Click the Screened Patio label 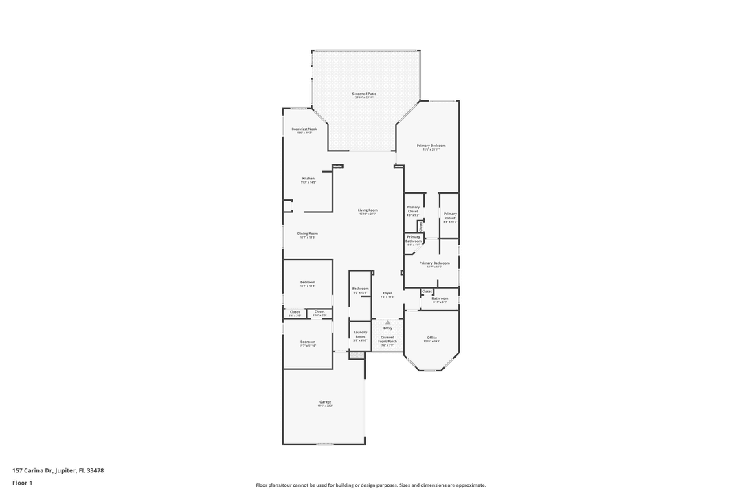[364, 93]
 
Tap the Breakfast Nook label [304, 129]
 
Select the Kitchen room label [308, 179]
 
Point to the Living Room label [368, 210]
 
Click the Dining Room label [308, 234]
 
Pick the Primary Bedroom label [431, 146]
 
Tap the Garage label [325, 402]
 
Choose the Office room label [431, 338]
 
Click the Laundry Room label [360, 334]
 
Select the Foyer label [387, 293]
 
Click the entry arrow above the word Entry [387, 322]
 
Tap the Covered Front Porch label [387, 339]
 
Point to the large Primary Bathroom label [434, 263]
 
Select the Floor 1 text [22, 483]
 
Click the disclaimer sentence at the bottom [371, 485]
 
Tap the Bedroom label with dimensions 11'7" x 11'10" [307, 342]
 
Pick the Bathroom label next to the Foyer [360, 289]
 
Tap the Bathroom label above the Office [440, 298]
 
